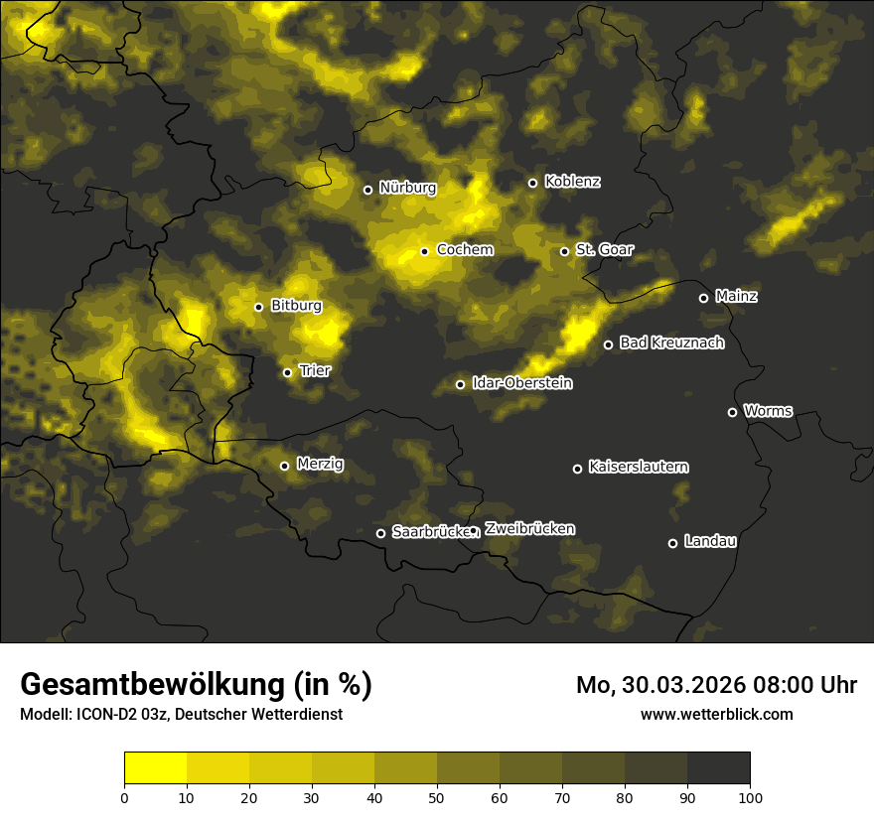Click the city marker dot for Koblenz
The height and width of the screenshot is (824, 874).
[x=532, y=183]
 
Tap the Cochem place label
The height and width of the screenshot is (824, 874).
[x=464, y=250]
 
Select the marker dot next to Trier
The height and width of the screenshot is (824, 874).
[x=288, y=372]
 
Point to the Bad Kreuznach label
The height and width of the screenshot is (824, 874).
[x=671, y=343]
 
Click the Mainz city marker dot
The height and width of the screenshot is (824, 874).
[x=703, y=298]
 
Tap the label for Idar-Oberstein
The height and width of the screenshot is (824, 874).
[x=521, y=383]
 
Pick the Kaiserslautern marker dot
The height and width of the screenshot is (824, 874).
[x=577, y=469]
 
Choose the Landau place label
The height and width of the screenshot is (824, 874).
[x=710, y=542]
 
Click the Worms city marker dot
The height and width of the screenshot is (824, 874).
[x=732, y=412]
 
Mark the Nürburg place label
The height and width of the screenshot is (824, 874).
[x=407, y=188]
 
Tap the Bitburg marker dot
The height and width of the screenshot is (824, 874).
[x=258, y=307]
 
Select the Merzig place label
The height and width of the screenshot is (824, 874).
[x=320, y=464]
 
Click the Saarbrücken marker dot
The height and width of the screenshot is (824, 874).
[x=380, y=533]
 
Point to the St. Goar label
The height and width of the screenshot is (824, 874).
[x=604, y=250]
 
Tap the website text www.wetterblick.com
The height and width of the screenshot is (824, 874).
[x=716, y=714]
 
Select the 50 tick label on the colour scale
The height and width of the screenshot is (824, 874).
[x=437, y=796]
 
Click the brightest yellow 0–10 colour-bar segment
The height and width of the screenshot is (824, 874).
[x=155, y=767]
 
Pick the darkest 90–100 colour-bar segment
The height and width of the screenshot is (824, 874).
[x=718, y=767]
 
